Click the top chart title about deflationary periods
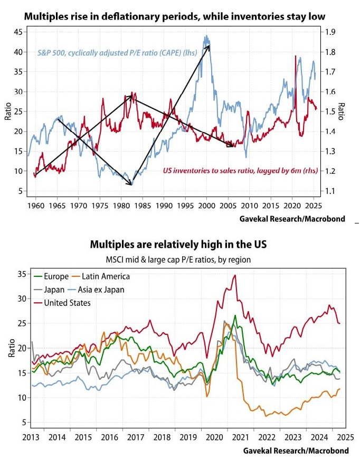pyautogui.click(x=175, y=16)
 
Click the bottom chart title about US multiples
pyautogui.click(x=178, y=245)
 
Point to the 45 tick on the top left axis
pyautogui.click(x=17, y=32)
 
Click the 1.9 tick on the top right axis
pyautogui.click(x=330, y=32)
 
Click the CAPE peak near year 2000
pyautogui.click(x=206, y=37)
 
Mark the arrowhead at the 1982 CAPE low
pyautogui.click(x=131, y=184)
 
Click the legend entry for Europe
pyautogui.click(x=56, y=276)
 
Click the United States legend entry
pyautogui.click(x=68, y=303)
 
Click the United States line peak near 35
pyautogui.click(x=235, y=275)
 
